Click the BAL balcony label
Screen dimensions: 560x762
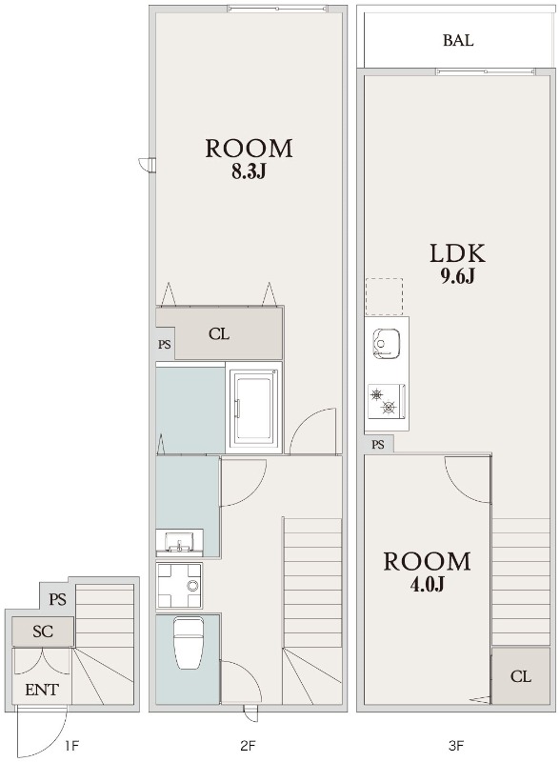coord(457,40)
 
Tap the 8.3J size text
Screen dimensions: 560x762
coord(249,171)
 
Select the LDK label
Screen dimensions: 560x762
coord(457,253)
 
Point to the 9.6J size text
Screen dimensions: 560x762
coord(457,275)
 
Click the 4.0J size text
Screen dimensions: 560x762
coord(428,584)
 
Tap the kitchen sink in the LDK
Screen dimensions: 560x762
coord(387,344)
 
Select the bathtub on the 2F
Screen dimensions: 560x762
coord(253,407)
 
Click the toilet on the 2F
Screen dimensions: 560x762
coord(189,642)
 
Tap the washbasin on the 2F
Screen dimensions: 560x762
coord(179,542)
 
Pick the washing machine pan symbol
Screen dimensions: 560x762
coord(179,585)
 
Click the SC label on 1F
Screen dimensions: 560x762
coord(43,632)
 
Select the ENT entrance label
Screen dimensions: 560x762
coord(42,689)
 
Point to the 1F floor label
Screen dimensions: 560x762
coord(71,745)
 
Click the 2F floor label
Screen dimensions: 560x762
coord(248,745)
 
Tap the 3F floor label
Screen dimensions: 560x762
coord(456,745)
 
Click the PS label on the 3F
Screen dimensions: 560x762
coord(378,444)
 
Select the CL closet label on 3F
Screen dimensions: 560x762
coord(521,676)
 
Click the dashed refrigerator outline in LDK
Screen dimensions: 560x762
coord(384,296)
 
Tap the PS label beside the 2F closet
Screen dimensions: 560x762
coord(165,345)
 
